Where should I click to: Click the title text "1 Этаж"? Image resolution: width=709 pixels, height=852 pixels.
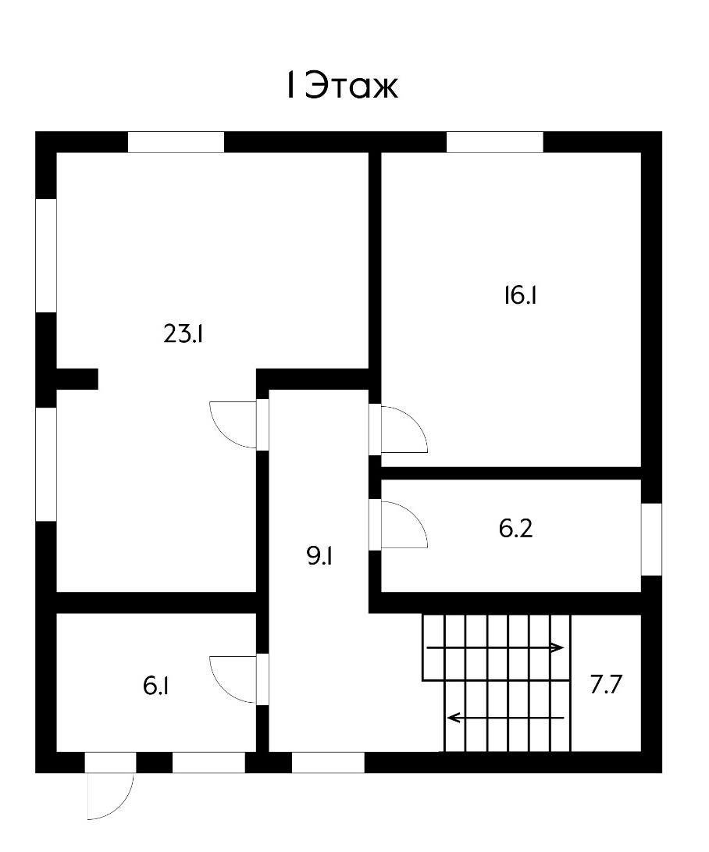tap(341, 87)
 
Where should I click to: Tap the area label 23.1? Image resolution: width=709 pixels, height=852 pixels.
tap(184, 334)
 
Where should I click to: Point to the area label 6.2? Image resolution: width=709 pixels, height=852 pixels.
tap(515, 529)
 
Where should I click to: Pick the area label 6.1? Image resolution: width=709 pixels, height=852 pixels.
tap(157, 686)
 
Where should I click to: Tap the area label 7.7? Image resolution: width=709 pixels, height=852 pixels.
tap(606, 686)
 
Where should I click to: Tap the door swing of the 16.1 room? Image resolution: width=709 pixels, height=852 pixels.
tap(404, 430)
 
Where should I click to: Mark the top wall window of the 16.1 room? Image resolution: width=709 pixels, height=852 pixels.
tap(494, 142)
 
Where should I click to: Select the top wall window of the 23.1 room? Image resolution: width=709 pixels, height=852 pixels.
tap(176, 142)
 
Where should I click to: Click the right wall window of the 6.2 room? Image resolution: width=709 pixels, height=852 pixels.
tap(651, 539)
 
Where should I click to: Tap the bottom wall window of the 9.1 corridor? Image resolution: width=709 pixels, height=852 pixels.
tap(328, 762)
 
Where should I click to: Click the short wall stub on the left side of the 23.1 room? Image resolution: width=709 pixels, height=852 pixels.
tap(77, 379)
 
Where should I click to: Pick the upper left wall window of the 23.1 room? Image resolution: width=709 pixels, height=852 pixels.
tap(47, 255)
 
